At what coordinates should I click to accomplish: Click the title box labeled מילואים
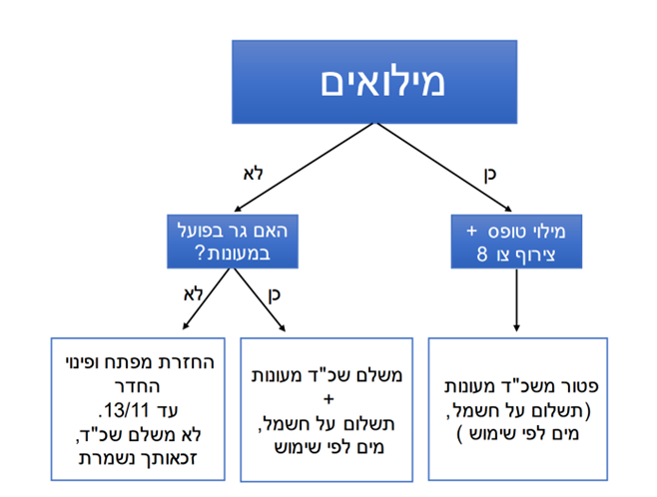(374, 82)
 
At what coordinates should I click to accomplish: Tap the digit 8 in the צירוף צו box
(482, 254)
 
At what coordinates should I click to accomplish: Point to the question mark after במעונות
(200, 253)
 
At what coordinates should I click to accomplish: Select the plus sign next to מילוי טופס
(472, 231)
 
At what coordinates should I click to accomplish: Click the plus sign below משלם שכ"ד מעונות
(328, 399)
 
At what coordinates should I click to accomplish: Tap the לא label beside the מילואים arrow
(253, 174)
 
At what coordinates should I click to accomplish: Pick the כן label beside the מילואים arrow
(490, 175)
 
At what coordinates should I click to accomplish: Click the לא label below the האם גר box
(193, 294)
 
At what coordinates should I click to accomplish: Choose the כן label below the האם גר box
(274, 295)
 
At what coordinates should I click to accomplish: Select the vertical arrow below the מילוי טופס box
(516, 299)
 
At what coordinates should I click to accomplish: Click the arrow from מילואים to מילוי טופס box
(443, 168)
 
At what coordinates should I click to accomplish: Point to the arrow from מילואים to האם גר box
(304, 167)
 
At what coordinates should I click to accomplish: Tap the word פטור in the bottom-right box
(581, 386)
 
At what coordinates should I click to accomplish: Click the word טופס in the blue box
(506, 232)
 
